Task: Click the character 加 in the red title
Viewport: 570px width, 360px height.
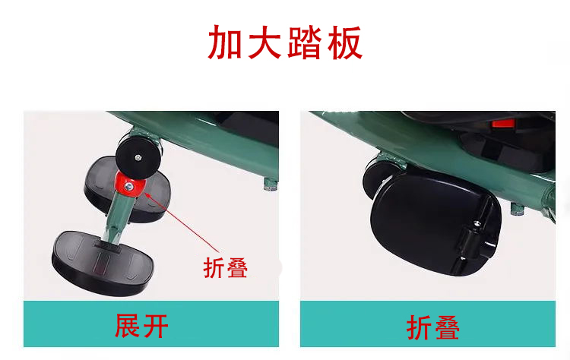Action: (x=225, y=43)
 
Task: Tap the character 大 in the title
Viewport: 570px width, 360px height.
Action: (x=264, y=43)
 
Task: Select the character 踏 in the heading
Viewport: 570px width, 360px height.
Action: (x=305, y=43)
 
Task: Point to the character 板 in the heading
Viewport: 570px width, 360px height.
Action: (x=344, y=43)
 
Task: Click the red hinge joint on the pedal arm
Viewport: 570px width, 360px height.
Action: (x=130, y=185)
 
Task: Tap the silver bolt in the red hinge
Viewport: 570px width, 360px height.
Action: (x=129, y=187)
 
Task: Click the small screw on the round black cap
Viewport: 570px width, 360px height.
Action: (x=138, y=158)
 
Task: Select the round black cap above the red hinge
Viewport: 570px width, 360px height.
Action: (x=138, y=159)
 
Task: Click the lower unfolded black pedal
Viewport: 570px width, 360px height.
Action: (x=102, y=262)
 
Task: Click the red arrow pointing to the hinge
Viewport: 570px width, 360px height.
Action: (x=182, y=222)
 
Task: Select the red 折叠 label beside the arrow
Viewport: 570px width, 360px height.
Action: (x=226, y=268)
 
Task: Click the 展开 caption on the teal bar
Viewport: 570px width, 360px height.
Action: (x=141, y=326)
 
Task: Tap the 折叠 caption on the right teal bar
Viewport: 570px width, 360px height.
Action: (x=432, y=327)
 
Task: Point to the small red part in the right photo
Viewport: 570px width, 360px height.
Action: (x=503, y=124)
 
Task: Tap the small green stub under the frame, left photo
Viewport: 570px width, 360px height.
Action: (x=271, y=185)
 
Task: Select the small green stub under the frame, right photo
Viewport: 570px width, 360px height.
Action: (x=518, y=209)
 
